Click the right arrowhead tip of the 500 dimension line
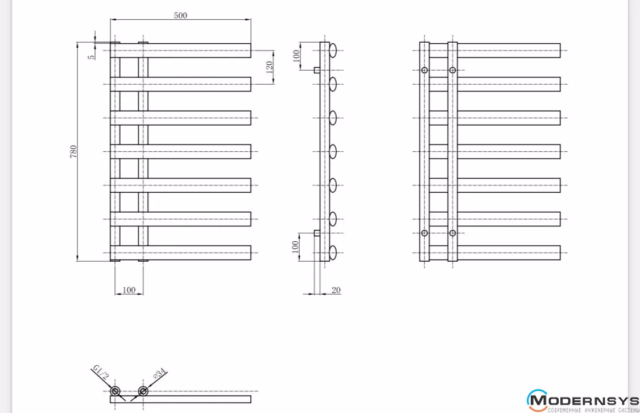tap(251, 19)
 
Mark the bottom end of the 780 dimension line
tap(77, 261)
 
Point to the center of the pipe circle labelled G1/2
tap(115, 391)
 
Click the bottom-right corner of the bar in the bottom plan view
tap(251, 403)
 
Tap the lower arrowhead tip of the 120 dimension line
tap(273, 84)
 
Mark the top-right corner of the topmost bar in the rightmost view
tap(560, 43)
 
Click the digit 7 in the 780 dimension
tap(73, 155)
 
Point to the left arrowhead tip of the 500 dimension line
tap(110, 19)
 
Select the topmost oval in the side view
tap(333, 51)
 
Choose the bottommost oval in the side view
tap(333, 253)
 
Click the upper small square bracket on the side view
tap(317, 70)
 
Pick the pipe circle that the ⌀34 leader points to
tap(143, 391)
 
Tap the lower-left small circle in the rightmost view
tap(424, 233)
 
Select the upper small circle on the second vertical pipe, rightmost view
tap(453, 70)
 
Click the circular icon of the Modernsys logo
tap(537, 400)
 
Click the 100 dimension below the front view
tap(129, 290)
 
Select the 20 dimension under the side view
tap(336, 290)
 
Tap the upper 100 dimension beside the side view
tap(297, 56)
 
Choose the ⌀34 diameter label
tap(160, 373)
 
